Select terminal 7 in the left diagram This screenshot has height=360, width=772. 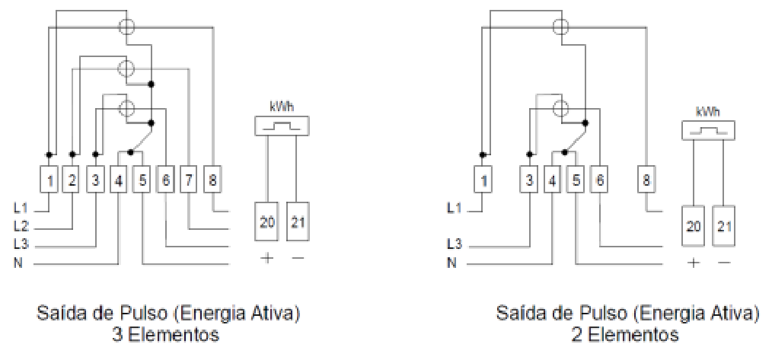click(188, 180)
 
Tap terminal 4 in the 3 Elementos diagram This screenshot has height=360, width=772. click(119, 180)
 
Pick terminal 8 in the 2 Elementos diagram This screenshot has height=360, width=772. click(646, 180)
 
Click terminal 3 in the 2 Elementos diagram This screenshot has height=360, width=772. click(529, 180)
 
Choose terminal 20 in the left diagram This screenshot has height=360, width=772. click(267, 221)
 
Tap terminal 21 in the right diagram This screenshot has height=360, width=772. click(723, 227)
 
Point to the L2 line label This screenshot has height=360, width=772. click(21, 227)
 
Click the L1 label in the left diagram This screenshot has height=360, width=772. click(21, 209)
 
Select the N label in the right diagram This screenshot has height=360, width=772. click(451, 263)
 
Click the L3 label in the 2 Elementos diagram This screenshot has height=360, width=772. click(454, 244)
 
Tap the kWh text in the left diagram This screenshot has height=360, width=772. click(282, 107)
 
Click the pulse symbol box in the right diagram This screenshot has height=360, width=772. click(708, 130)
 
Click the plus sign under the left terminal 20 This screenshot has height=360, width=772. click(267, 258)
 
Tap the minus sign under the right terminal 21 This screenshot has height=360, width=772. click(724, 263)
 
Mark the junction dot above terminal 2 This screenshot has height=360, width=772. click(72, 155)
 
